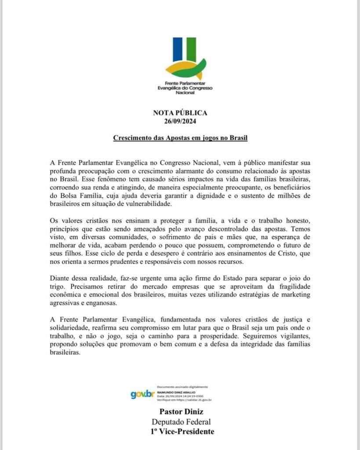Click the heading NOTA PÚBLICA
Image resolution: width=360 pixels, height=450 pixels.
[x=180, y=113]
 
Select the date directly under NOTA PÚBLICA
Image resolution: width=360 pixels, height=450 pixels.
[x=180, y=121]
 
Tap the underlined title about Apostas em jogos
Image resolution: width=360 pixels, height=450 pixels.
[x=180, y=138]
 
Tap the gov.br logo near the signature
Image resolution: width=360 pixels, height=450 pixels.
[x=142, y=394]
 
